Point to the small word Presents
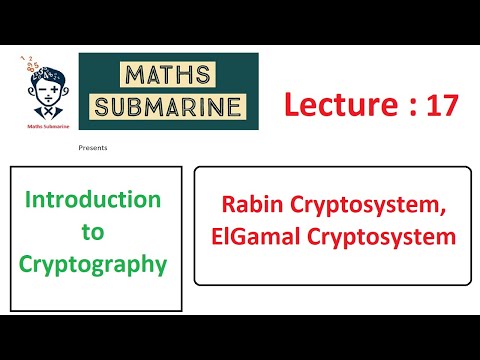pos(92,147)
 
